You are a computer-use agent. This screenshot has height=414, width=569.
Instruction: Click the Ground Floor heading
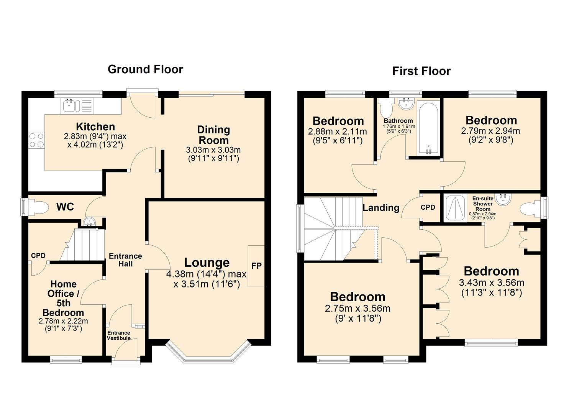[x=145, y=69]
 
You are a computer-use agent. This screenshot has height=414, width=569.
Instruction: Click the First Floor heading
[x=421, y=71]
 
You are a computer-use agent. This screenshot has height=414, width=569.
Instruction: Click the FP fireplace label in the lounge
[x=256, y=266]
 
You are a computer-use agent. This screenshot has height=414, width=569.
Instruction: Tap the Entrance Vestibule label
[x=118, y=335]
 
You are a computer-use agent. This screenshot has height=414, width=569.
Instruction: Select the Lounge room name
[x=207, y=263]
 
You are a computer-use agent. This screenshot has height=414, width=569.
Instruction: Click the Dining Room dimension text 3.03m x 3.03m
[x=213, y=150]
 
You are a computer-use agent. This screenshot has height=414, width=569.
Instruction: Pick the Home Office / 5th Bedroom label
[x=63, y=298]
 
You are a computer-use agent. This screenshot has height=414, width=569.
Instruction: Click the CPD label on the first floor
[x=428, y=207]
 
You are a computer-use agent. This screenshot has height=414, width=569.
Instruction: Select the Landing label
[x=381, y=208]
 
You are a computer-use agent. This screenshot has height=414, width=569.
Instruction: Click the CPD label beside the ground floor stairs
[x=38, y=256]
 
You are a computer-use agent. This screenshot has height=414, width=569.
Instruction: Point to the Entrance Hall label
[x=125, y=260]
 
